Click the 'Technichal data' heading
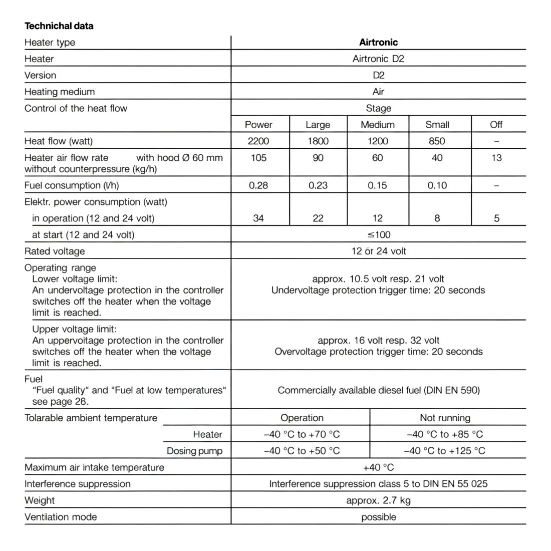coord(59,26)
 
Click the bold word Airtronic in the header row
coord(378,42)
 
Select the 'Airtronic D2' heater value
coord(378,59)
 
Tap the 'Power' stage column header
coord(258,125)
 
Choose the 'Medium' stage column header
coord(378,125)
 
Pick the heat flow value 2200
coord(258,141)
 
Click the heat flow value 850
coord(437,141)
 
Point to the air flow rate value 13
coord(496,158)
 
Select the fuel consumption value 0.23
coord(318,185)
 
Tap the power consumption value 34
coord(258,218)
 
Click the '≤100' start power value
coord(378,234)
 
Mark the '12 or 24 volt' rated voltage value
coord(378,251)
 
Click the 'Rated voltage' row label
coord(55,251)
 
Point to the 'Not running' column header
coord(445,418)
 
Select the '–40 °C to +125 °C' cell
coord(445,451)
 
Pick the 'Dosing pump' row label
coord(194,451)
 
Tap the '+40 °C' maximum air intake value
coord(378,467)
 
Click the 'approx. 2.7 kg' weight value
coord(378,500)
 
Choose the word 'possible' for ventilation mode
coord(378,517)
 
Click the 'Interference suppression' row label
coord(77,484)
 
